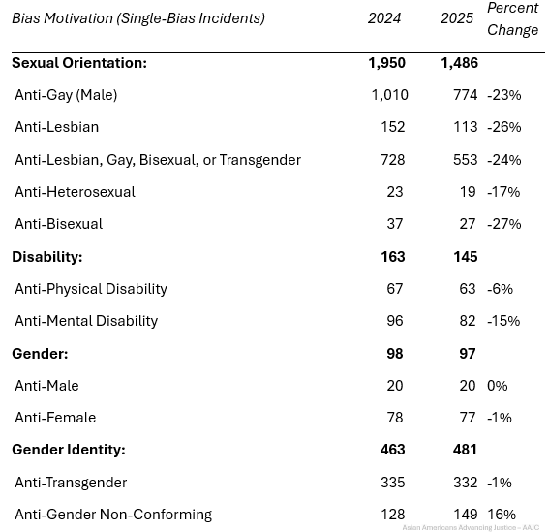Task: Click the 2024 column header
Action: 383,18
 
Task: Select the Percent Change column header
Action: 513,18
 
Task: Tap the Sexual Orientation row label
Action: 79,63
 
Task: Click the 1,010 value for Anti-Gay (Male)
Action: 389,95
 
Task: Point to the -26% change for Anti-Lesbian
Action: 504,127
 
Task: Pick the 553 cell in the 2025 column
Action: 465,160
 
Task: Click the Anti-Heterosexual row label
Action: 75,192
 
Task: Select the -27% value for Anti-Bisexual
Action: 504,224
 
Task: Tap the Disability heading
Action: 47,257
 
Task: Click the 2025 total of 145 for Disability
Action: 465,257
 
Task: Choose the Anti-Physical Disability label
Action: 91,289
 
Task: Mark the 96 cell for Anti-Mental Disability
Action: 395,321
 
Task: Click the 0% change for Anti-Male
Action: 498,386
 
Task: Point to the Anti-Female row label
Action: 55,418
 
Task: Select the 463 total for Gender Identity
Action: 392,450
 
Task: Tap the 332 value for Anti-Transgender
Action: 465,483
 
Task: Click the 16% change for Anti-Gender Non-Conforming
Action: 502,515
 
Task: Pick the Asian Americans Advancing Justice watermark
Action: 471,527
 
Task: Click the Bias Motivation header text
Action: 138,18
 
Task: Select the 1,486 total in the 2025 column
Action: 459,63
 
